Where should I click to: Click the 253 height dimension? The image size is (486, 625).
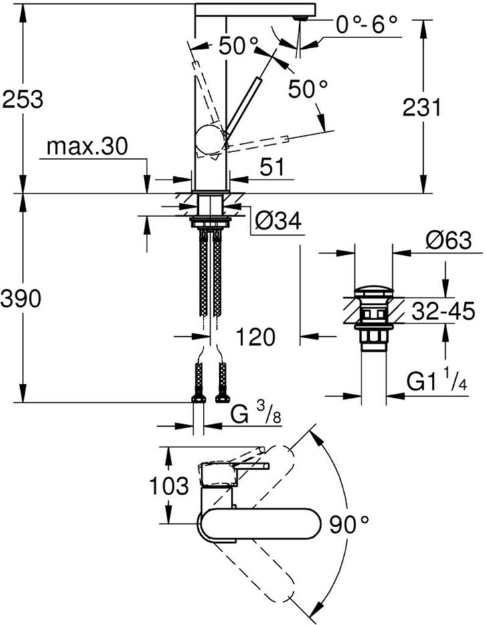[x=23, y=99]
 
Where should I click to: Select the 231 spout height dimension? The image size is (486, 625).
[x=422, y=107]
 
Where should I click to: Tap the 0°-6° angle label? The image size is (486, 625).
[x=366, y=25]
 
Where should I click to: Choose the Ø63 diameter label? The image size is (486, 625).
[x=448, y=240]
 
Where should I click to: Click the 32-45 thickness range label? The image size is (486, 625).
[x=443, y=311]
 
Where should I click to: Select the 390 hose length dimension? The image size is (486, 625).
[x=21, y=297]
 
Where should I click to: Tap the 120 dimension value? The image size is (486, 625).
[x=255, y=337]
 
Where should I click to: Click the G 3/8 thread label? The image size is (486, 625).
[x=256, y=415]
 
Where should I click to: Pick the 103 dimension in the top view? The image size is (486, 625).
[x=169, y=485]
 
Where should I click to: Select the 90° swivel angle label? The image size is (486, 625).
[x=349, y=524]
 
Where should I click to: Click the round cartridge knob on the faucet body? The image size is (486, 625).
[x=209, y=140]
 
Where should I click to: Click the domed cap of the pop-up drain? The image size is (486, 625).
[x=374, y=291]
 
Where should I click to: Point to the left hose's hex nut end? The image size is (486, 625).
[x=198, y=399]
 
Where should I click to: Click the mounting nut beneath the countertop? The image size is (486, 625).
[x=210, y=222]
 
